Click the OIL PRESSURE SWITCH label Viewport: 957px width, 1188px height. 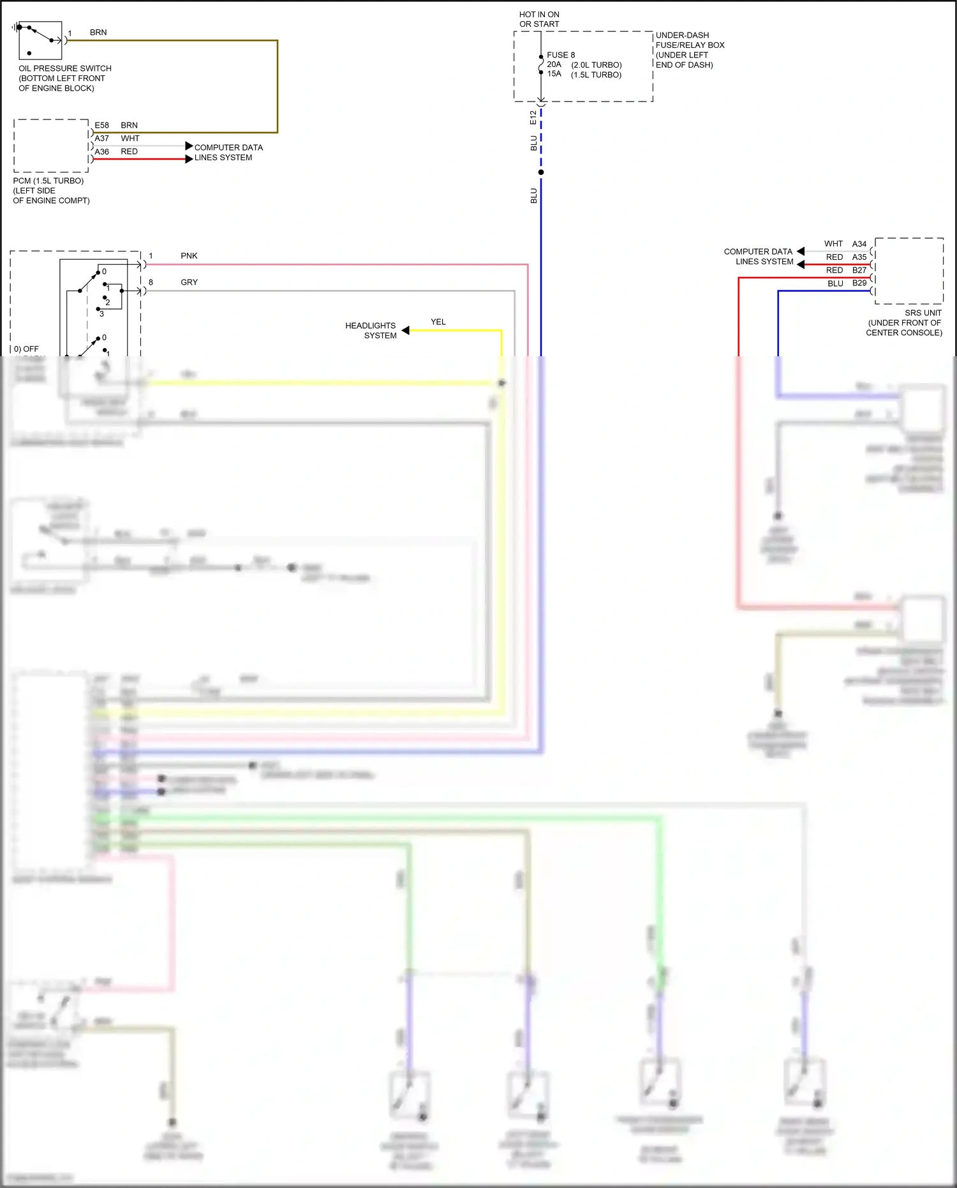point(64,68)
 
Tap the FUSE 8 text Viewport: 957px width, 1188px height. point(560,55)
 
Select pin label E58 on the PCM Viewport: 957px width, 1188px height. point(101,125)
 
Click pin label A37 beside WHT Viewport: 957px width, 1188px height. point(101,139)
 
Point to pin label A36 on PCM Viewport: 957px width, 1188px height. point(101,152)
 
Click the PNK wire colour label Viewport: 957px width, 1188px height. point(189,256)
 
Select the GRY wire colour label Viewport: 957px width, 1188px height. point(189,282)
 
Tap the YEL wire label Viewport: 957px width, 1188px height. point(438,322)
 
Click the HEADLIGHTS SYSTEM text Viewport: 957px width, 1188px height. point(371,330)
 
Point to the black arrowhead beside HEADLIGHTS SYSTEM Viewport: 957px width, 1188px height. point(405,330)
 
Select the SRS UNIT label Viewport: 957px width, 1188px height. point(923,313)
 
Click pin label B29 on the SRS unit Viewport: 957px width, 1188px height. point(859,283)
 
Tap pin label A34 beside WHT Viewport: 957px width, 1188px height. point(859,244)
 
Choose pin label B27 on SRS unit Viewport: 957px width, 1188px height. point(859,270)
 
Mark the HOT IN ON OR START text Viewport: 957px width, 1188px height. point(539,19)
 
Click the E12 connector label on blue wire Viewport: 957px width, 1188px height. point(533,117)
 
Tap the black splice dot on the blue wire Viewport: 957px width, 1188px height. point(541,172)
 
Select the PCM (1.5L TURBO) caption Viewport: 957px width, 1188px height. point(48,181)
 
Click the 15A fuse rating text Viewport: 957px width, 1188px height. point(554,74)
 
